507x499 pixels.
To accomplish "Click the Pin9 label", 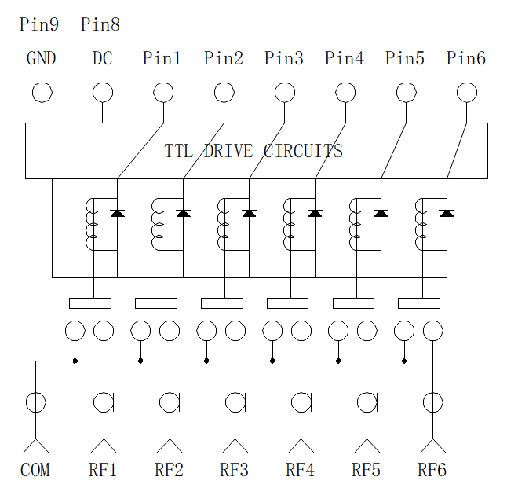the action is click(39, 24).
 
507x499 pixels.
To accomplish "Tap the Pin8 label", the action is click(100, 24).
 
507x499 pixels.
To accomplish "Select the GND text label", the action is click(42, 58).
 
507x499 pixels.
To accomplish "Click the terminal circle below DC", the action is click(103, 93).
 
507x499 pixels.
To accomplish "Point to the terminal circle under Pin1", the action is click(163, 93).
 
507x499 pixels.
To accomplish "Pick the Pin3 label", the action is click(284, 58).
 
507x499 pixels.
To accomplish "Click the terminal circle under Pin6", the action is click(467, 93).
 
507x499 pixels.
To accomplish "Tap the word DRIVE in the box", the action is click(228, 151).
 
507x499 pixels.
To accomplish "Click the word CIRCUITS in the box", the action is click(303, 151).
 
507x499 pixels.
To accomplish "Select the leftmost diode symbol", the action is click(118, 213).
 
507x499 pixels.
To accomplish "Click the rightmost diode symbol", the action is click(447, 213).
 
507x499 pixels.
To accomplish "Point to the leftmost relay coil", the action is click(91, 224).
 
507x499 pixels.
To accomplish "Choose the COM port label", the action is click(35, 470).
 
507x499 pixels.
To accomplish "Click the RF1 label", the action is click(103, 470).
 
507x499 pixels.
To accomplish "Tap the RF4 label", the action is click(300, 470).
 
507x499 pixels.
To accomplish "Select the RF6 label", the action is click(432, 470).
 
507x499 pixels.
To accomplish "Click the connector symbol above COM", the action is click(36, 402).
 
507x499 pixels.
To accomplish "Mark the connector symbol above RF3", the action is click(235, 402).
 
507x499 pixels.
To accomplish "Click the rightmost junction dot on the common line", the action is click(404, 361).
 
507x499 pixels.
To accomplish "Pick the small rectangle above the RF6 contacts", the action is click(419, 303).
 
